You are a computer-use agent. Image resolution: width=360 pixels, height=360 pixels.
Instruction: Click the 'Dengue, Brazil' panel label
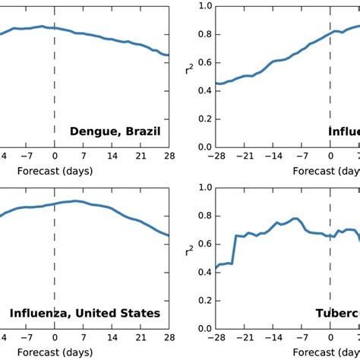(x=115, y=131)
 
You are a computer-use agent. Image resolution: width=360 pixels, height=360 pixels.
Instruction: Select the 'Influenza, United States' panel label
(x=84, y=313)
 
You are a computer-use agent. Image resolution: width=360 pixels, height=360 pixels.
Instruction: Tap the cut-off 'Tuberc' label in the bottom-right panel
(x=338, y=313)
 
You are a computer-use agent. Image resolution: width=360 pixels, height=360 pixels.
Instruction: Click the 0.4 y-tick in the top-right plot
(x=203, y=90)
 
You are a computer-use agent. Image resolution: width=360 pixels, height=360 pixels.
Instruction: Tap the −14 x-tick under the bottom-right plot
(x=273, y=339)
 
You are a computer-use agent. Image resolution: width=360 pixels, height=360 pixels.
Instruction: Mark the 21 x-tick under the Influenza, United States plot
(x=139, y=339)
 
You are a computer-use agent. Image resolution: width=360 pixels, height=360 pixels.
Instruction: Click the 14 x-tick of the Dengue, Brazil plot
(x=111, y=158)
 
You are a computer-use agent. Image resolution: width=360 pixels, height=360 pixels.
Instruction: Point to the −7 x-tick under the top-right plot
(x=302, y=158)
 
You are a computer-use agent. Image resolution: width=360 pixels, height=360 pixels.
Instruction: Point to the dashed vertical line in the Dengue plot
(x=55, y=91)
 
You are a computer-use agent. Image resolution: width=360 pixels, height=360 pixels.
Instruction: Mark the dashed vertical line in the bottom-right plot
(x=330, y=289)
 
